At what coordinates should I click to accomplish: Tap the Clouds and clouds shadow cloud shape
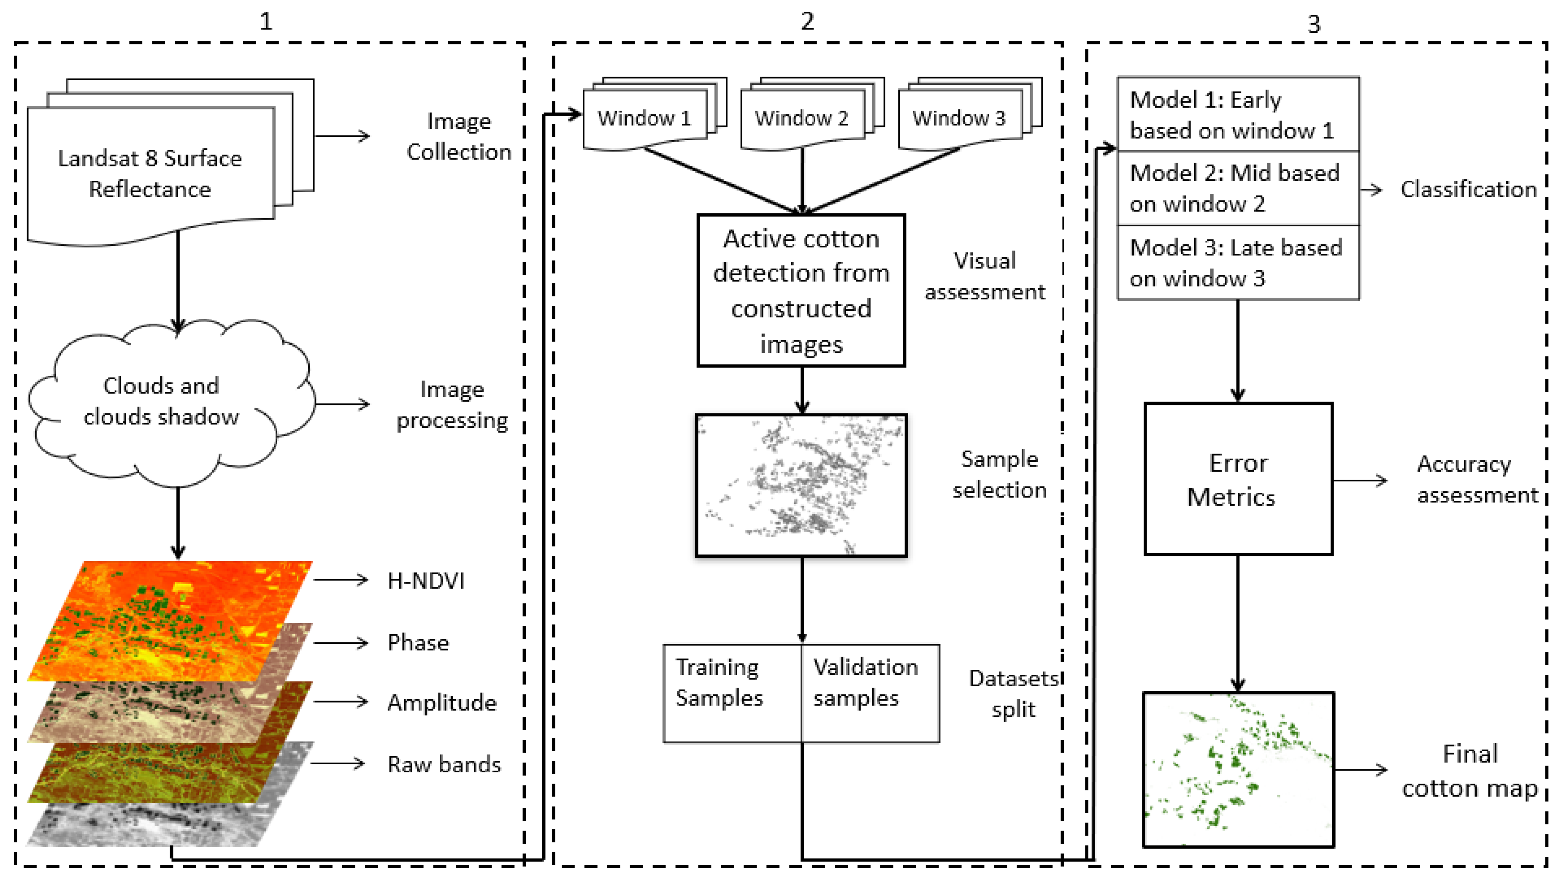tap(161, 402)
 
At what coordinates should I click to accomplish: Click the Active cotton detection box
tap(801, 291)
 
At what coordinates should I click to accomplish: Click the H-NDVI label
tap(426, 581)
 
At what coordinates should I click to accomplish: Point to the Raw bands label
tap(444, 765)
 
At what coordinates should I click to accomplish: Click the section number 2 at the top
tap(807, 22)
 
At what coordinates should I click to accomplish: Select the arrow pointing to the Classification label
tap(1372, 190)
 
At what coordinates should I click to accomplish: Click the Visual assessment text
tap(984, 276)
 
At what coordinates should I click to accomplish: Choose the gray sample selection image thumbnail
tap(801, 485)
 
